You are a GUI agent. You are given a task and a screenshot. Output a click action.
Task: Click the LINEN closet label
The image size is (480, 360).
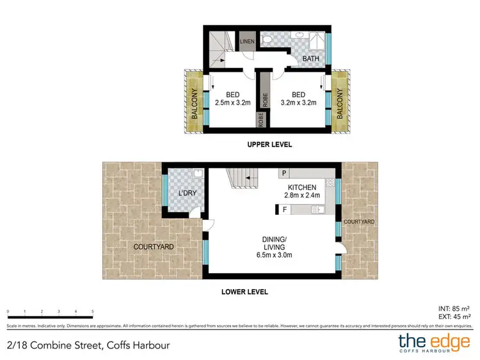pyautogui.click(x=247, y=42)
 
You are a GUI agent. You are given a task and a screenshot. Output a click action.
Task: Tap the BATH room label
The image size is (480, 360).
pyautogui.click(x=310, y=59)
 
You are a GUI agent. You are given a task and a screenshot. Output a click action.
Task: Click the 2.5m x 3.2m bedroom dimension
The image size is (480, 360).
pyautogui.click(x=230, y=101)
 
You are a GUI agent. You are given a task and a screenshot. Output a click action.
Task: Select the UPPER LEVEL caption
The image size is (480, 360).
pyautogui.click(x=269, y=145)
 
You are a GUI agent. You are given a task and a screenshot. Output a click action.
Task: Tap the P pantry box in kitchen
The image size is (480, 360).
pyautogui.click(x=283, y=173)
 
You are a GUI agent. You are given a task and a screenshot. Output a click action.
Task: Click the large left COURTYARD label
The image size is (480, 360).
pyautogui.click(x=154, y=246)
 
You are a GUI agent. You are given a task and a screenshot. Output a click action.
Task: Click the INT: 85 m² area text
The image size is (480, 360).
pyautogui.click(x=455, y=308)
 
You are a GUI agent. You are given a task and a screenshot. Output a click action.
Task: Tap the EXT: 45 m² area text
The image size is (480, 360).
pyautogui.click(x=455, y=316)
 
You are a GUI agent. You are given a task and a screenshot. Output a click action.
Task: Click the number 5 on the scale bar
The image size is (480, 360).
pyautogui.click(x=93, y=311)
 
